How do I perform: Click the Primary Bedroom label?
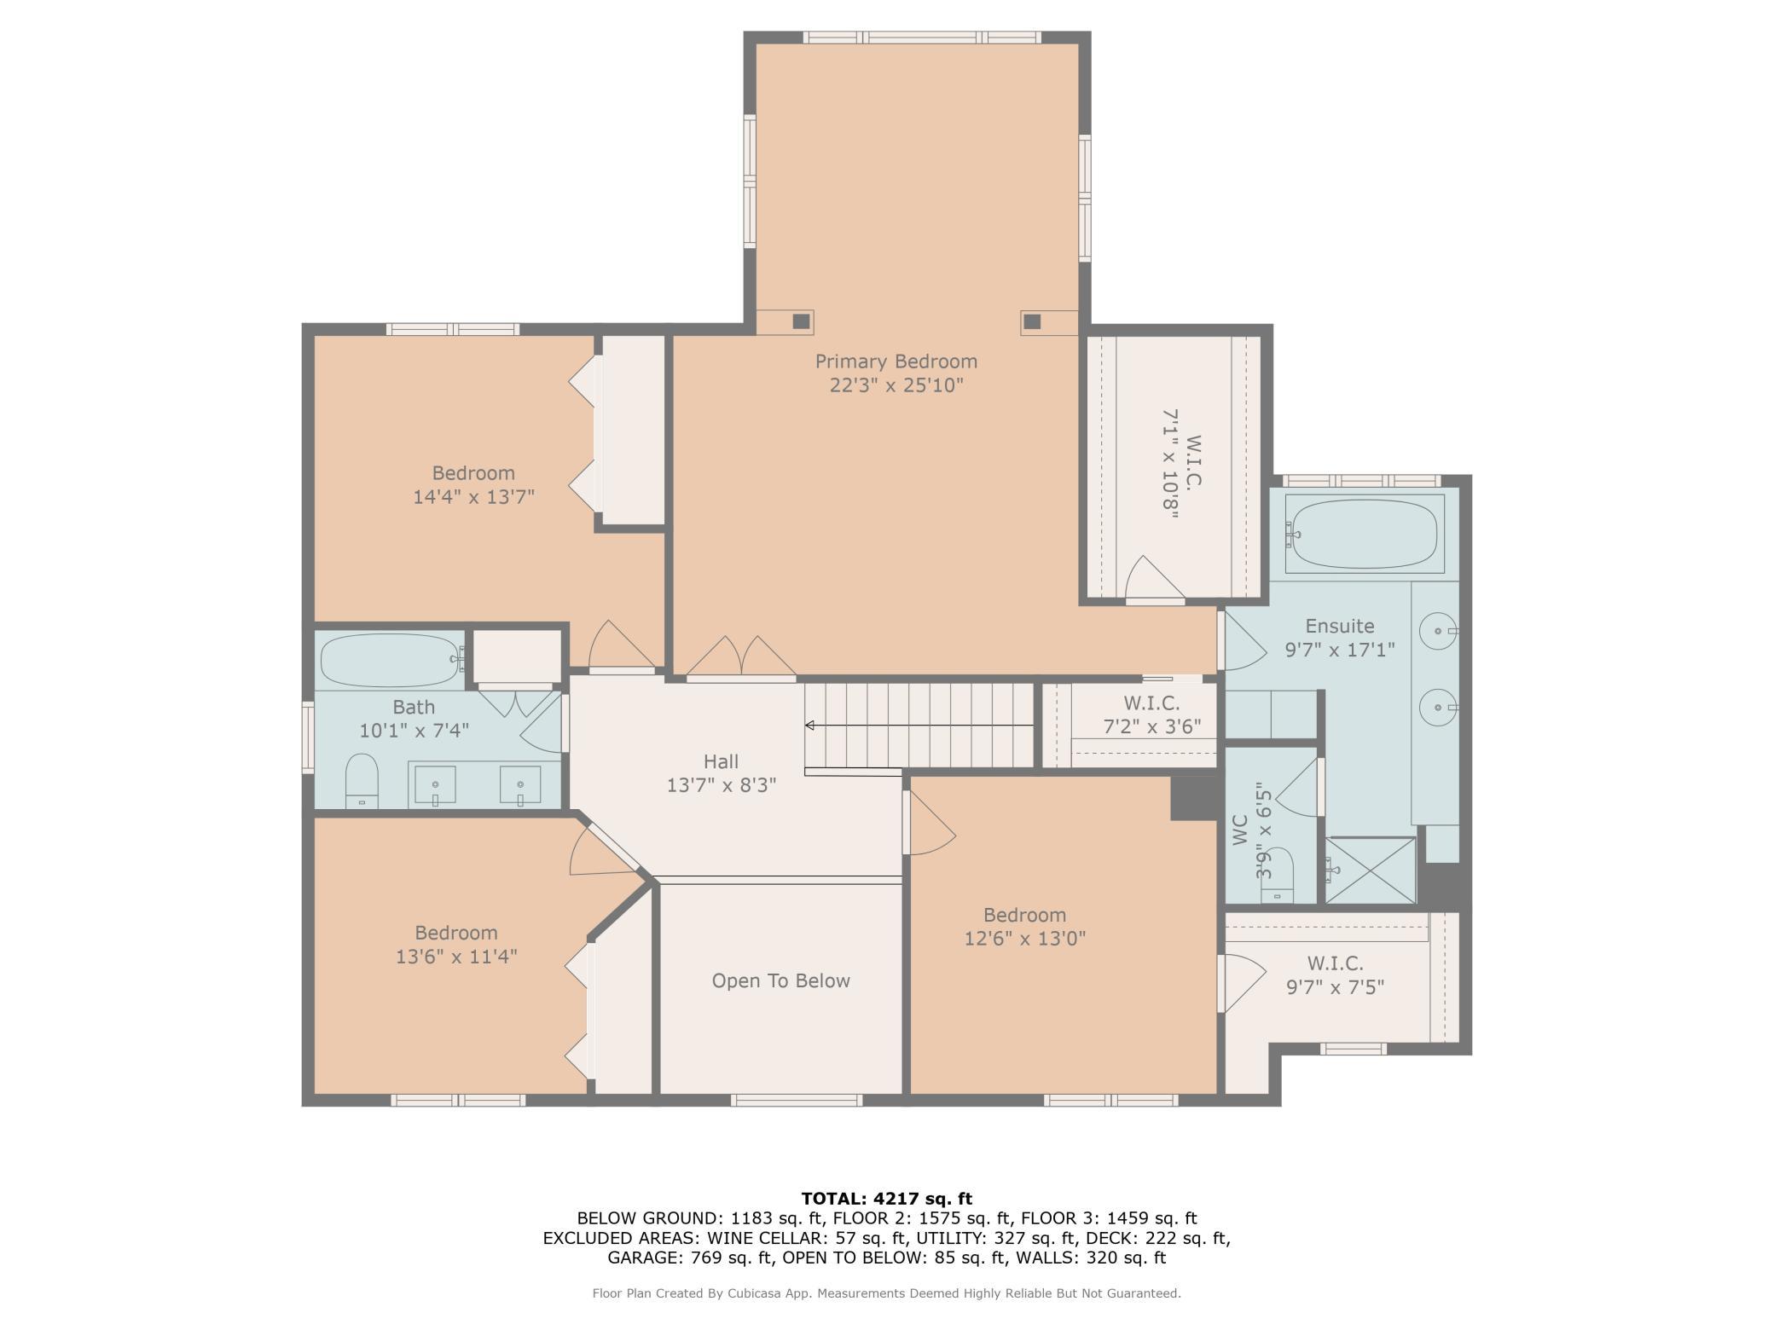click(x=896, y=361)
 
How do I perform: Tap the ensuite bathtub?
click(x=1364, y=534)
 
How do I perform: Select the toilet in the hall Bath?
click(x=362, y=780)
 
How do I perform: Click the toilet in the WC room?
click(x=1277, y=876)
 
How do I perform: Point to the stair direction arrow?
click(x=919, y=726)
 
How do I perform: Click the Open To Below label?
click(x=781, y=980)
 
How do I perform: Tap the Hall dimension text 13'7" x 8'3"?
click(x=722, y=784)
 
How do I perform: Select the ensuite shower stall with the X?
click(x=1370, y=870)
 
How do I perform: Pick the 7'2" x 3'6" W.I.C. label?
click(x=1152, y=726)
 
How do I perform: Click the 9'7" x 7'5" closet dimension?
click(x=1335, y=986)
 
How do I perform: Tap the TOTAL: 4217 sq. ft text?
click(x=887, y=1199)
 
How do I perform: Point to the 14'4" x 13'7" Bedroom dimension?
click(x=474, y=496)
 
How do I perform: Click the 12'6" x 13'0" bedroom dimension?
click(x=1025, y=939)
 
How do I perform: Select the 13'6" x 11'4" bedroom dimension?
click(x=456, y=957)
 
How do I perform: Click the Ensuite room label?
click(x=1340, y=626)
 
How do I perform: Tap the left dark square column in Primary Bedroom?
click(x=801, y=321)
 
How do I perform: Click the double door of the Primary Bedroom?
click(x=741, y=658)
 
